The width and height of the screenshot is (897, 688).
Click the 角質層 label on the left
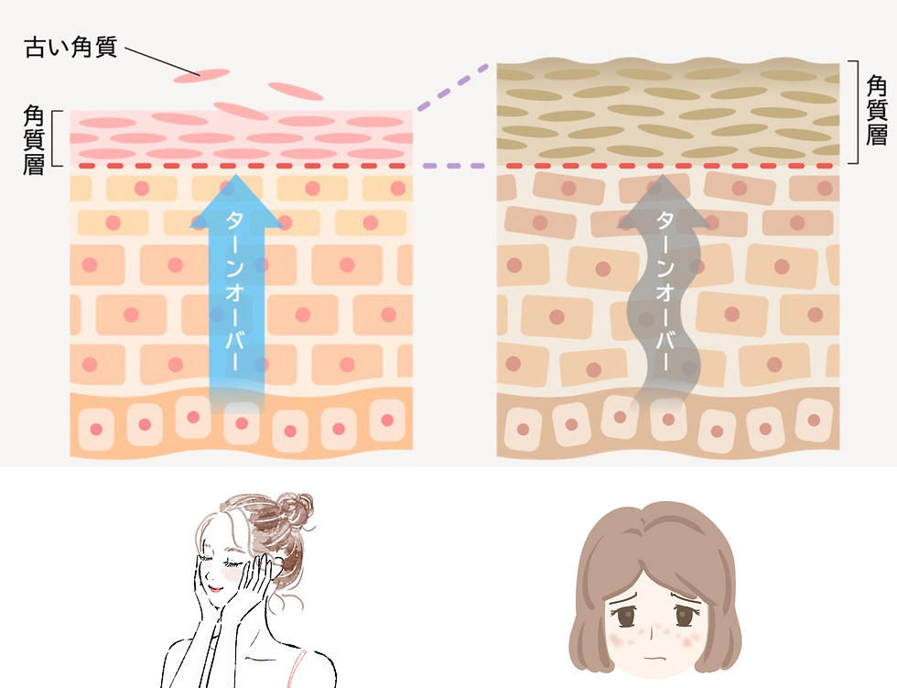click(34, 140)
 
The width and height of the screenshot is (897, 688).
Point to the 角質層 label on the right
click(876, 111)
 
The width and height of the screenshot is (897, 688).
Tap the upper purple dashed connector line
click(456, 89)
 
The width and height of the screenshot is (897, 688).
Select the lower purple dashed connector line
click(455, 167)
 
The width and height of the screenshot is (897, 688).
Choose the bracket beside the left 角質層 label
click(57, 139)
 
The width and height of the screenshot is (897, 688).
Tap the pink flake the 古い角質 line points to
click(202, 75)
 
